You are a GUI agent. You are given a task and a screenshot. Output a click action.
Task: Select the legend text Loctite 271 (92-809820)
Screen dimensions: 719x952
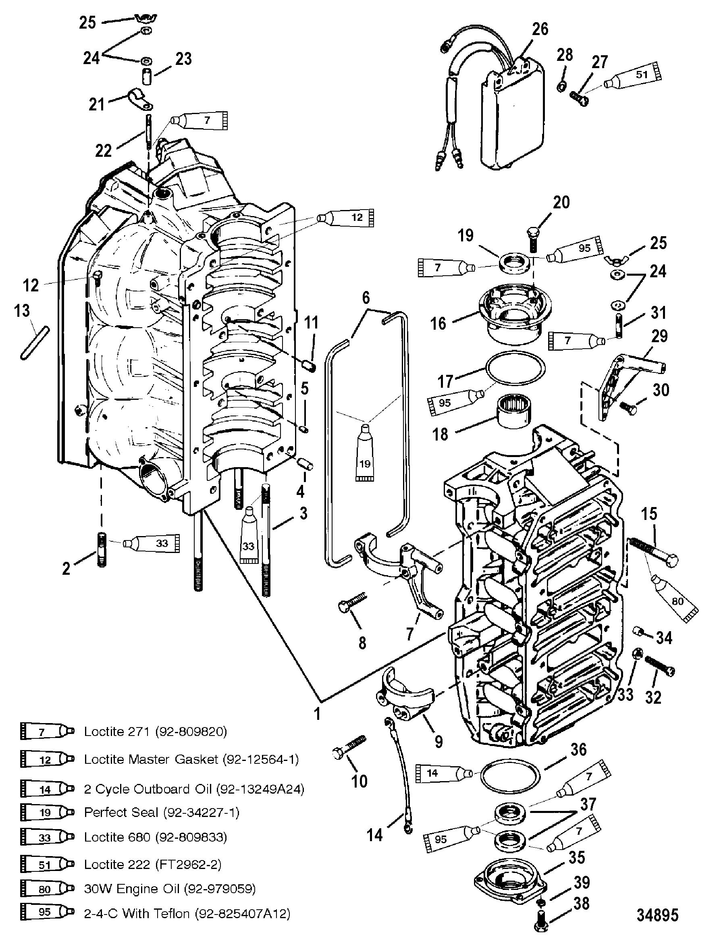coord(155,732)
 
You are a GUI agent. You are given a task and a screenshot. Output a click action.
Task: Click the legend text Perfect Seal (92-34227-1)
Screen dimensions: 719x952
coord(161,812)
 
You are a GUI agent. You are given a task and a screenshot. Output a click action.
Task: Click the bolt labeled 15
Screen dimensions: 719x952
coord(653,551)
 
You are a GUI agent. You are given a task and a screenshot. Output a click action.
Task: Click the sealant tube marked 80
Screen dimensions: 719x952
coord(674,598)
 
